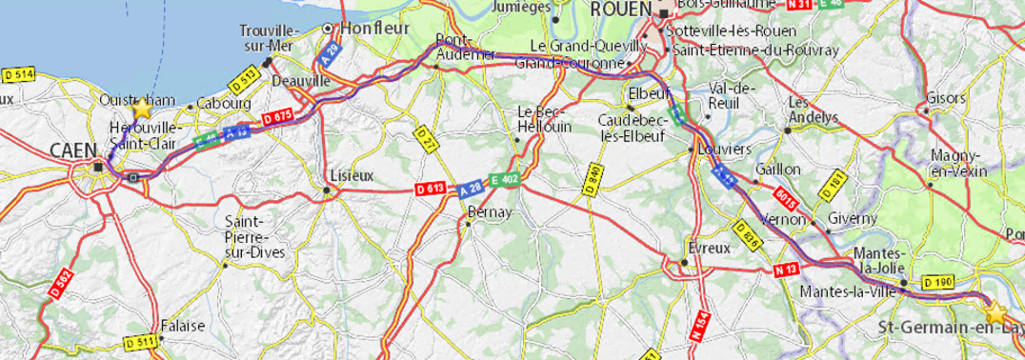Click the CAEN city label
point(71,150)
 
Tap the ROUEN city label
point(620,10)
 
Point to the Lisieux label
point(350,176)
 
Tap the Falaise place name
point(182,325)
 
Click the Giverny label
point(853,218)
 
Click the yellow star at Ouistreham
point(142,107)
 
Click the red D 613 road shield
point(431,191)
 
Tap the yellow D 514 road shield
point(18,74)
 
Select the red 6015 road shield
point(785,199)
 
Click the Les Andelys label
point(812,110)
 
